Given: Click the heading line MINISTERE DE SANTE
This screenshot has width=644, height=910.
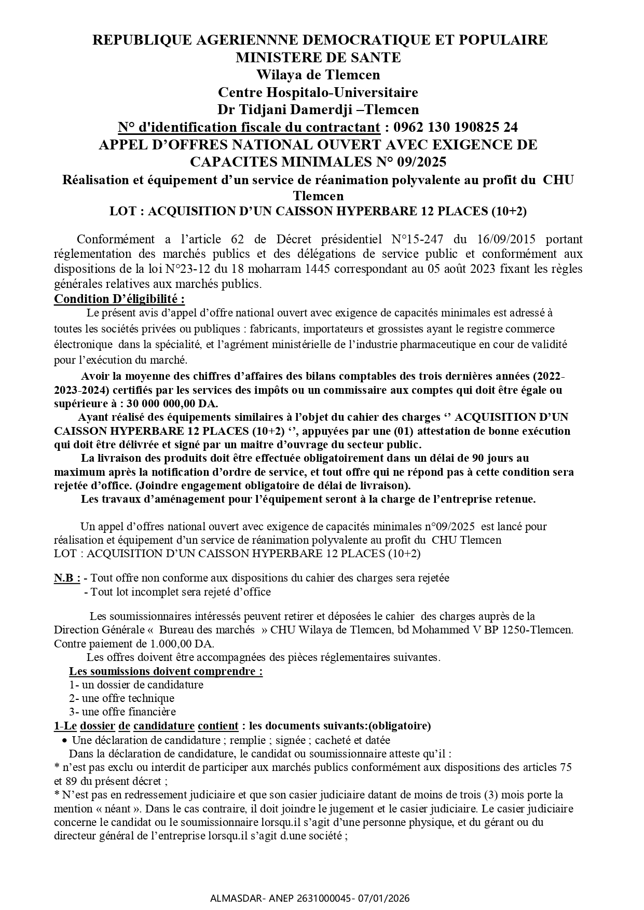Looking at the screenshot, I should pos(318,57).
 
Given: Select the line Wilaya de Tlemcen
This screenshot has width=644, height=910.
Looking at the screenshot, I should pos(318,75).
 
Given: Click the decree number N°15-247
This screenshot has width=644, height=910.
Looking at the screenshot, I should pos(415,239).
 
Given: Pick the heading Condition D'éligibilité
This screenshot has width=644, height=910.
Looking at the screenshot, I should pos(119,299).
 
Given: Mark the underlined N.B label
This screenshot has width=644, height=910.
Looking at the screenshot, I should pos(67,578).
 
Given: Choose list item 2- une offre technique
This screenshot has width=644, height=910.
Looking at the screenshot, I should pos(122,698).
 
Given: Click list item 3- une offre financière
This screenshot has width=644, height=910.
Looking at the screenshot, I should pos(123,712).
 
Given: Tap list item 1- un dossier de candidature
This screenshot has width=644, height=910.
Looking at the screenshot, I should pos(136,684).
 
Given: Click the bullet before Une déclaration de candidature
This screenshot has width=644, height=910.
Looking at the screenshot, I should pos(64,740).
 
